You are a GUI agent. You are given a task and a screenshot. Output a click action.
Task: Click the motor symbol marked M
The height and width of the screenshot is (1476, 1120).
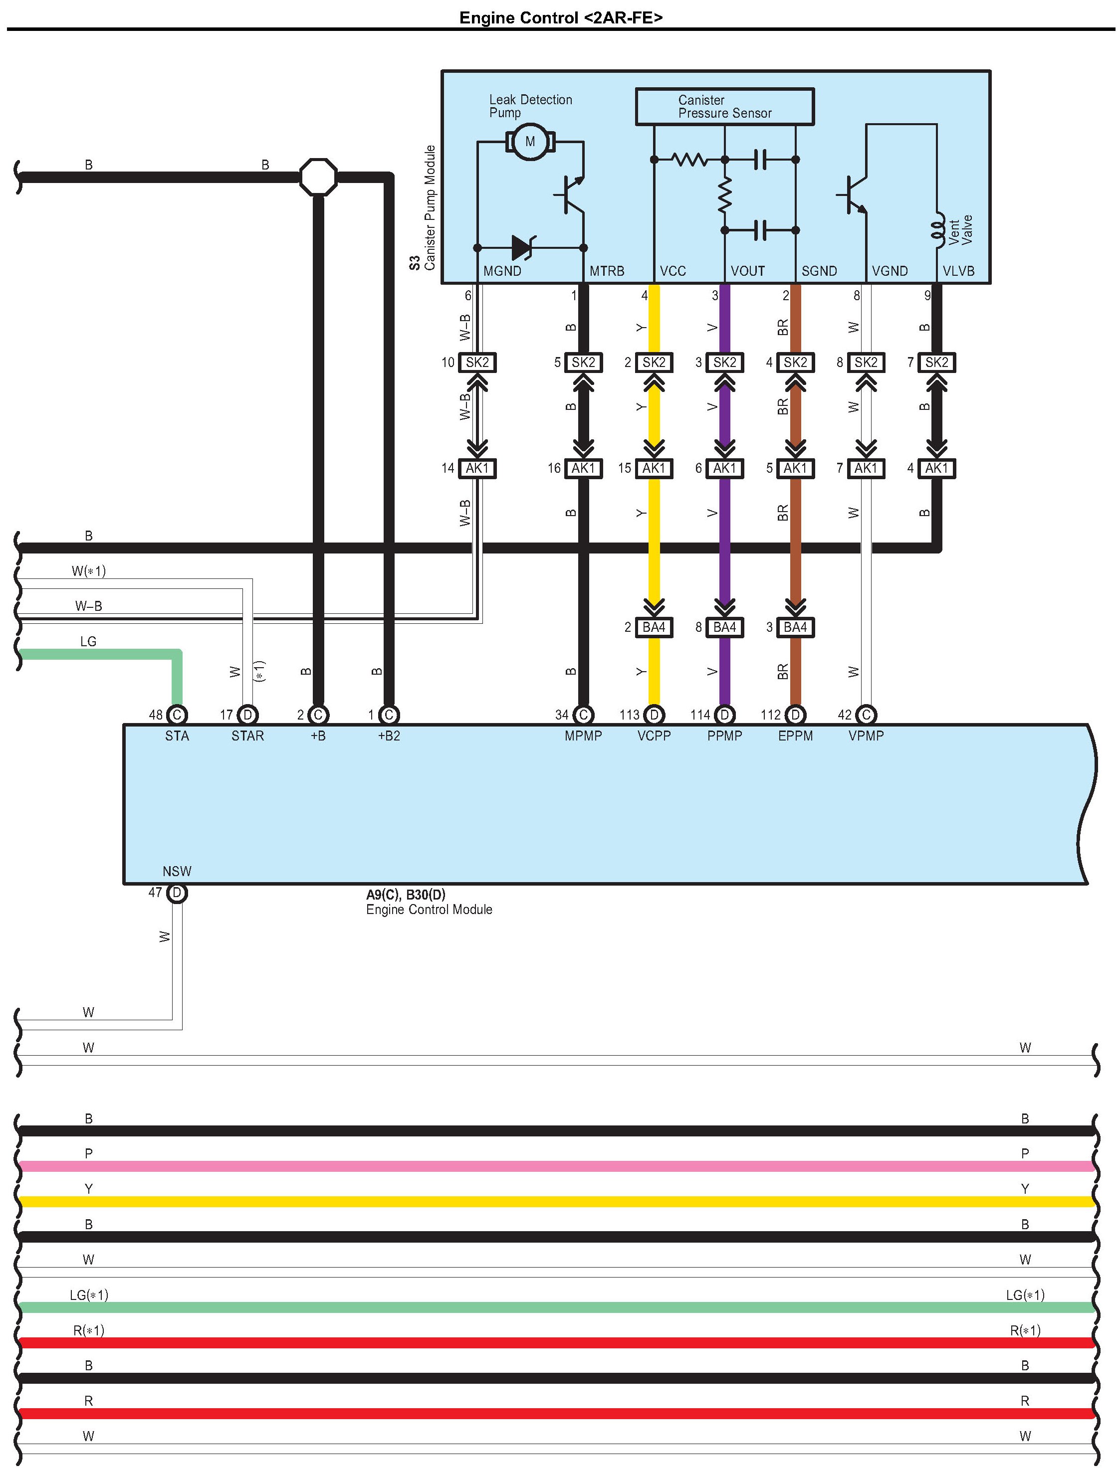click(530, 142)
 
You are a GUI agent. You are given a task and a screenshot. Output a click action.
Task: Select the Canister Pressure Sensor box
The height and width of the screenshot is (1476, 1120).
click(724, 107)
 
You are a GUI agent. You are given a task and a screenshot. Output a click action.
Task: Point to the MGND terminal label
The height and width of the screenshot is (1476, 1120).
click(502, 271)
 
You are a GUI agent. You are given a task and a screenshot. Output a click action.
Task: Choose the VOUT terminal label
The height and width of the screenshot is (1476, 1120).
click(747, 271)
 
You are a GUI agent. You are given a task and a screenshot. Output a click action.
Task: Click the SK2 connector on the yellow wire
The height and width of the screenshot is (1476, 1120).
click(654, 363)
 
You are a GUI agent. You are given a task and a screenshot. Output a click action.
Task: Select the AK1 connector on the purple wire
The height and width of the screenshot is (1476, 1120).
click(724, 468)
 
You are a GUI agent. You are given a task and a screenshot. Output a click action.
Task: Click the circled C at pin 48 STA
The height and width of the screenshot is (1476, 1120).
click(177, 715)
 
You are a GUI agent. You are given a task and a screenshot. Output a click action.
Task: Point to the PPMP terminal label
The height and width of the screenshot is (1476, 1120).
click(724, 736)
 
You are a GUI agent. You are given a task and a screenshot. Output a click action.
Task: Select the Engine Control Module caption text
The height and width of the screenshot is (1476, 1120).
click(429, 910)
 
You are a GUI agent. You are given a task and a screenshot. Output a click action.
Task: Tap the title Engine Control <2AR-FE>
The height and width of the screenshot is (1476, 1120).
click(561, 18)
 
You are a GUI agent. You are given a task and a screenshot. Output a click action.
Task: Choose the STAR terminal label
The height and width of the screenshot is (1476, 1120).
click(247, 736)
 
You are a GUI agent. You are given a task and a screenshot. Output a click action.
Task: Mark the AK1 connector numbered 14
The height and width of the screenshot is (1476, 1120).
click(477, 468)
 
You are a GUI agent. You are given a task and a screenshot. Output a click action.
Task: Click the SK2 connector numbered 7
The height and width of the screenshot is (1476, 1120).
click(936, 363)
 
